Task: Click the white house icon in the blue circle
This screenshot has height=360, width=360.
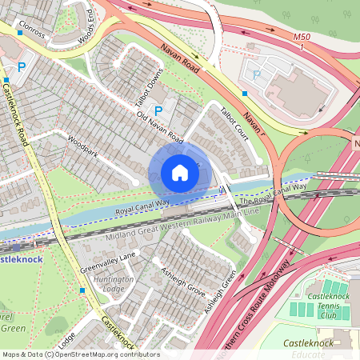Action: [180, 173]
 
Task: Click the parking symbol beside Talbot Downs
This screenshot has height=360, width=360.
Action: [158, 111]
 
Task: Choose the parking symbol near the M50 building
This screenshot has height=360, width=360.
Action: [257, 74]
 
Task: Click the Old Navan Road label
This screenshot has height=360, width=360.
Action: [160, 129]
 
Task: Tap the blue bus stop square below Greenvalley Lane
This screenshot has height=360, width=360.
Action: [82, 290]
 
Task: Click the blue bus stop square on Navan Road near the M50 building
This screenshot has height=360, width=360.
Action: [244, 94]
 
